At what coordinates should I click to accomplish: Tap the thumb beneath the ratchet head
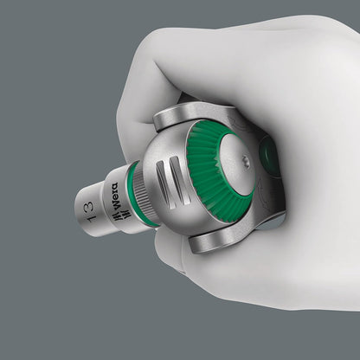pos(242,277)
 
